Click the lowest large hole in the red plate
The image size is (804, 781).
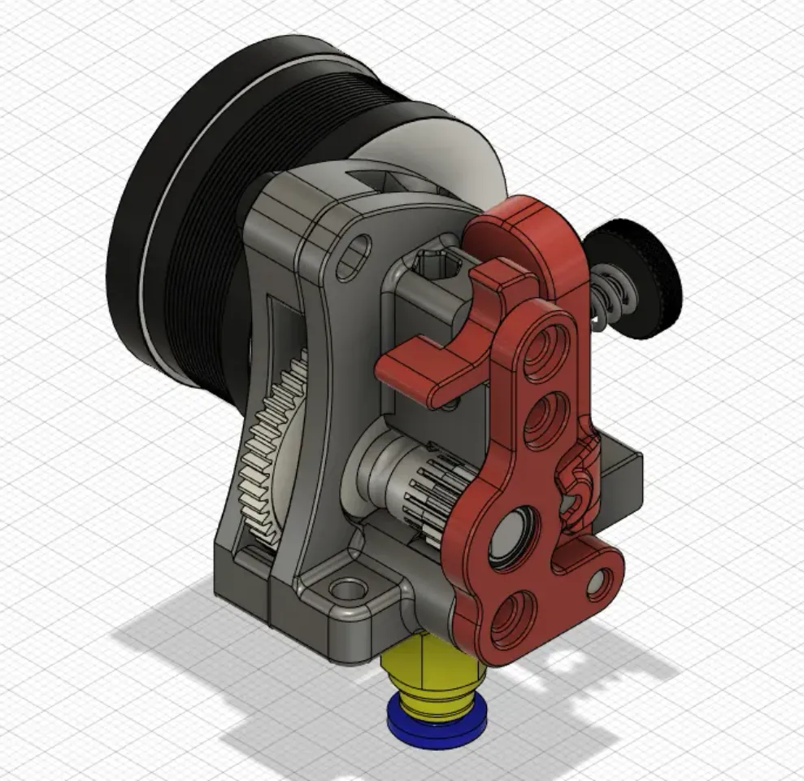515,613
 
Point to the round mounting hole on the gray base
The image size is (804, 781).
348,587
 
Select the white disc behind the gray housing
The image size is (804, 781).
455,155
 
